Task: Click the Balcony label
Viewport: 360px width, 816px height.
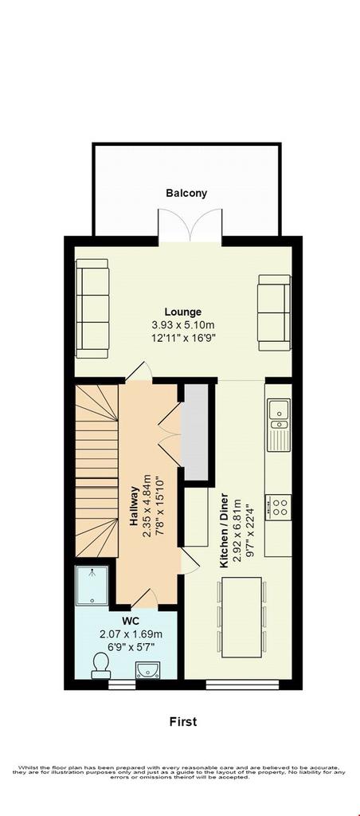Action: pos(186,193)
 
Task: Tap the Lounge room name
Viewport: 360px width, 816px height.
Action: pos(183,312)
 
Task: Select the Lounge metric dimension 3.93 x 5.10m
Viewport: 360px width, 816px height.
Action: pos(183,325)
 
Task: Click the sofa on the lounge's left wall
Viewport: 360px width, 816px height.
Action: pos(92,308)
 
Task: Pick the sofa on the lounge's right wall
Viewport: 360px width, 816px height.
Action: pos(274,312)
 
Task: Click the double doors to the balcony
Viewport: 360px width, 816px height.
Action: pos(190,225)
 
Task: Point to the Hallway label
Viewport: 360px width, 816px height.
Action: pos(135,504)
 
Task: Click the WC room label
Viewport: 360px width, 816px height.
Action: pos(130,622)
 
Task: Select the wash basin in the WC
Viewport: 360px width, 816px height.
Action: pos(148,670)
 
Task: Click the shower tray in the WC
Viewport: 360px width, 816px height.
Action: pos(92,586)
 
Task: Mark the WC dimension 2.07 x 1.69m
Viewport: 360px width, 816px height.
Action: pos(131,634)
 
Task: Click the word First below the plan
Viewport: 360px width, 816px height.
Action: pos(183,722)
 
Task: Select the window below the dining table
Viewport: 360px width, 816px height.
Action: pos(242,685)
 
